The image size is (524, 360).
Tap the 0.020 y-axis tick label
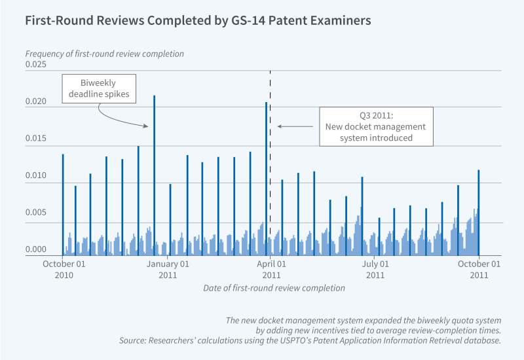click(37, 101)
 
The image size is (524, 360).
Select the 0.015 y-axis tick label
click(37, 139)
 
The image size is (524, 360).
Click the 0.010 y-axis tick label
click(37, 176)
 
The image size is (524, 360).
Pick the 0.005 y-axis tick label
click(37, 213)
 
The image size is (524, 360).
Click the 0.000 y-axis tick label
click(37, 250)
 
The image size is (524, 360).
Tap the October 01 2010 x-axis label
click(64, 270)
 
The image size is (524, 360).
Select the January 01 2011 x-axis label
click(168, 270)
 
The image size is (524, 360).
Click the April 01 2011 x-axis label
click(271, 270)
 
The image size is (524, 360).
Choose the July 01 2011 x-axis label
click(375, 270)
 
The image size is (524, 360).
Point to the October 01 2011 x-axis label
click(479, 270)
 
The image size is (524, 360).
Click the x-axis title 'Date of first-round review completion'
click(274, 288)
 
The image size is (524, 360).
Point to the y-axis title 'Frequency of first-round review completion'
click(104, 53)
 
